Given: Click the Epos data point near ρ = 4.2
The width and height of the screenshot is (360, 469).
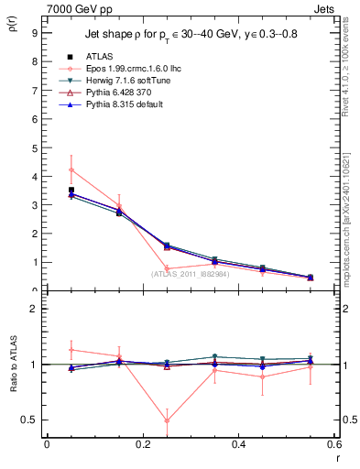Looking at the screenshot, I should pos(71,169).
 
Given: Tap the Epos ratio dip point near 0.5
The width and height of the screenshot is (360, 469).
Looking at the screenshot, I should pos(167,420).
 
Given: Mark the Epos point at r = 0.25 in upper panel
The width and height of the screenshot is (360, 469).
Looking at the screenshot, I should pos(167,267).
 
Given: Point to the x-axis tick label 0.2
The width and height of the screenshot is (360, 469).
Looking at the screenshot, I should pos(142,444).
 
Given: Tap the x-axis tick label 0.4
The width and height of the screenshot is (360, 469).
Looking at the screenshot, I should pos(239,444).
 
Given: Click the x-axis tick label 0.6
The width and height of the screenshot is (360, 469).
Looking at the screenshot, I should pos(333,444).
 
